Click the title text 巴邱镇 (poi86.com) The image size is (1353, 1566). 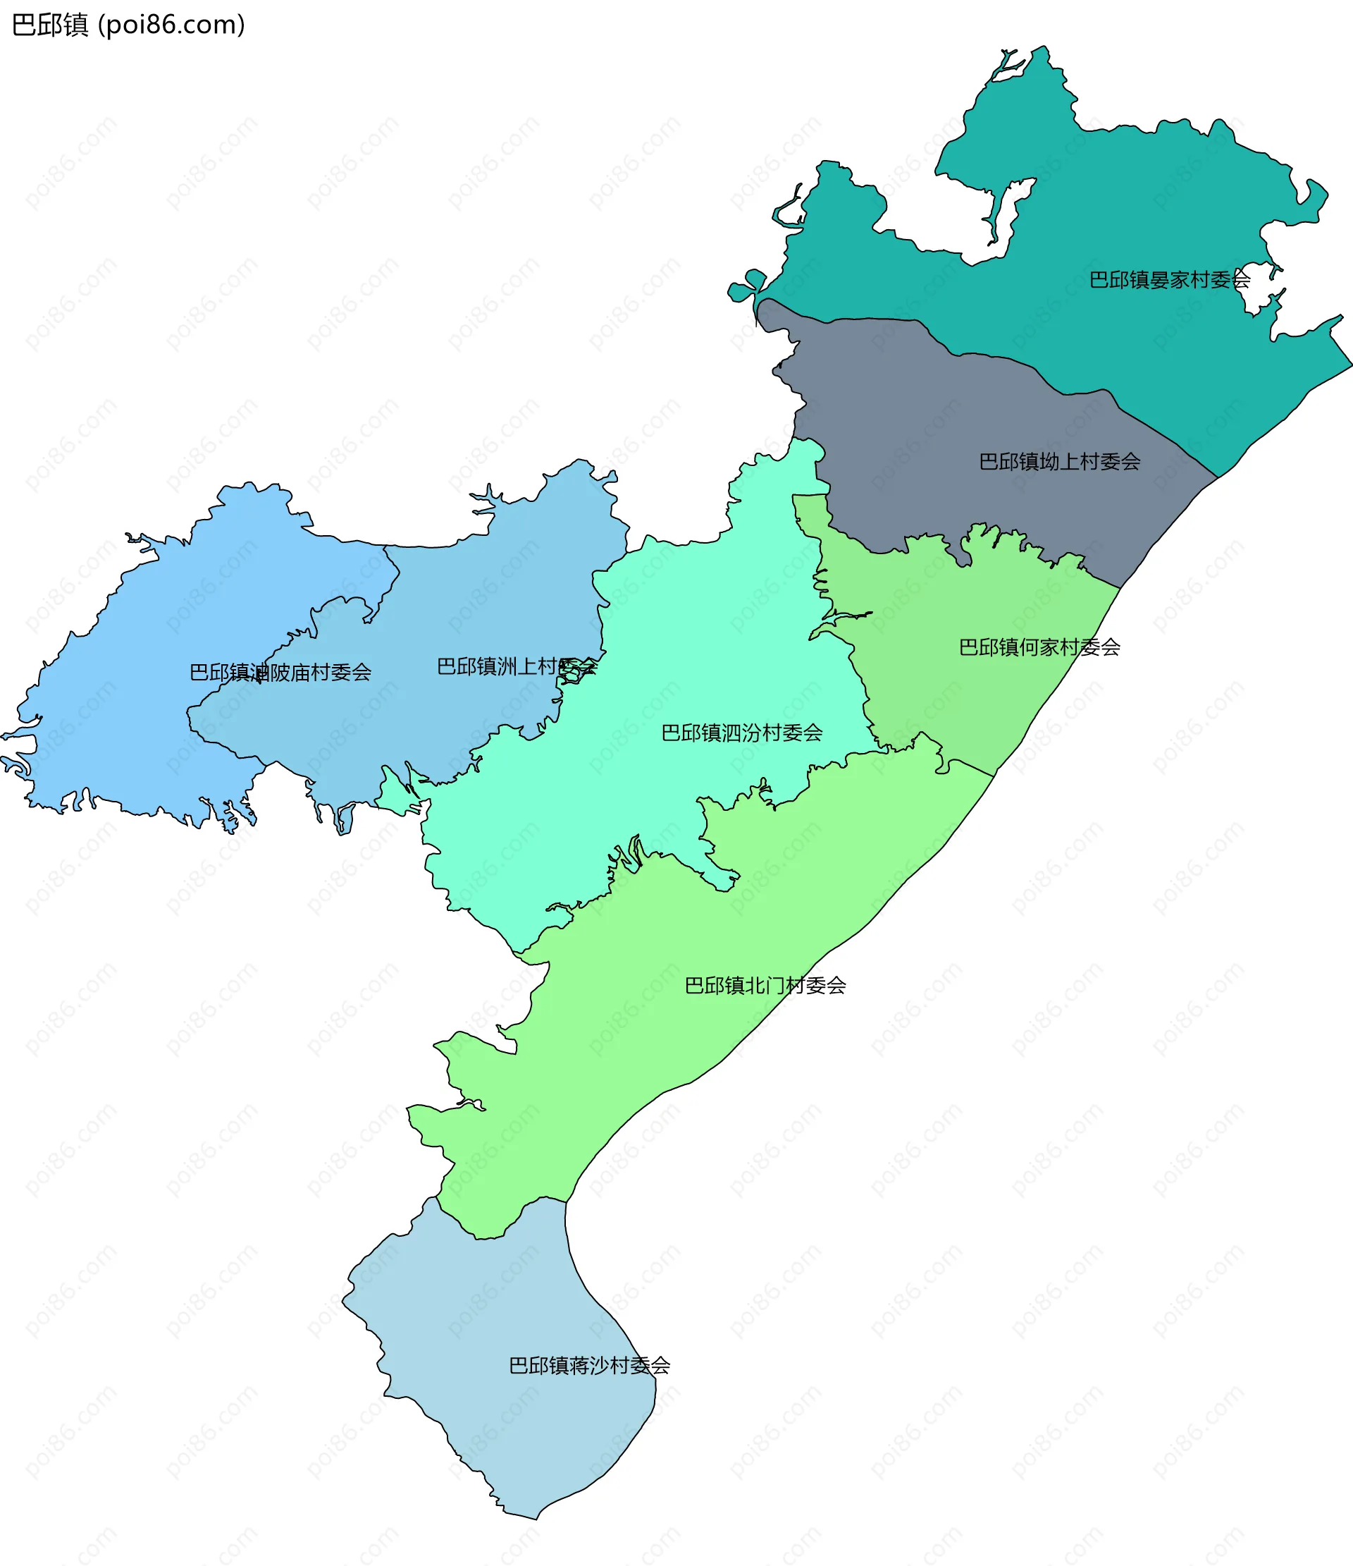(128, 25)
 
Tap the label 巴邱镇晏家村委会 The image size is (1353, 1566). (1168, 280)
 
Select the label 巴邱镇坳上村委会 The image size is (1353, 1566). (1059, 462)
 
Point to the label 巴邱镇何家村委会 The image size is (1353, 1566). (1039, 647)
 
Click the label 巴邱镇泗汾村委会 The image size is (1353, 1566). (741, 733)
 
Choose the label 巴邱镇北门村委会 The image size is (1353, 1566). (765, 985)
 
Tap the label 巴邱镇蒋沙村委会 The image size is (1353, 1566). (588, 1366)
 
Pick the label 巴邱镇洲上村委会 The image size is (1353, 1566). (517, 666)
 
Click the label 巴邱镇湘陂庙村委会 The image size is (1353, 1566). (280, 672)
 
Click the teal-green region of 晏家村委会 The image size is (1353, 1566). (1133, 212)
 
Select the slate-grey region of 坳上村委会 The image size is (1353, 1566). (944, 423)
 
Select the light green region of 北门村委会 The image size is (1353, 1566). (642, 1058)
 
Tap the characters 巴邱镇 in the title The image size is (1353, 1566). (50, 25)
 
